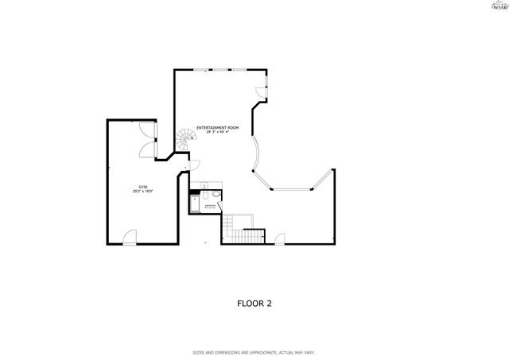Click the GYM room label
143,187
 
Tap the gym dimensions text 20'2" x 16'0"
143,192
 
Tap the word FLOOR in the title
249,303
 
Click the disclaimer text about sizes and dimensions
254,352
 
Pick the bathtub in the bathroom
194,205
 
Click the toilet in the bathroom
205,195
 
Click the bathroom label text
210,207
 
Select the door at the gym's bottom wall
129,238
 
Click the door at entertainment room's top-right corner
261,91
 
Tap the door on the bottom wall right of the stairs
278,238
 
